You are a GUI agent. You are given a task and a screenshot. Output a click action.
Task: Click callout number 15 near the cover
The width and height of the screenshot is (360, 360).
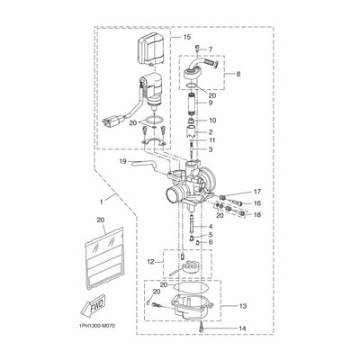[186, 39]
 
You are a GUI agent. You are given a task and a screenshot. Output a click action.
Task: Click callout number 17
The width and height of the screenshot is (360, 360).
[256, 192]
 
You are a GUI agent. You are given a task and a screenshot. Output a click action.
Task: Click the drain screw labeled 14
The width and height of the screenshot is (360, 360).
[197, 330]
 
